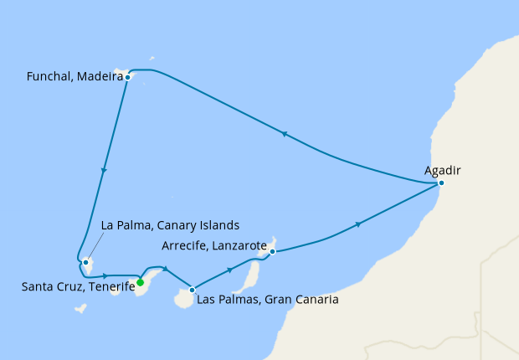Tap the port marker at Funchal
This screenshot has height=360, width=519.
pyautogui.click(x=127, y=77)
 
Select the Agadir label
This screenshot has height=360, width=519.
pyautogui.click(x=443, y=171)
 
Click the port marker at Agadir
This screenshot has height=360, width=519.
pyautogui.click(x=441, y=183)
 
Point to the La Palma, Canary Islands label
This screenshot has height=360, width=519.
pyautogui.click(x=170, y=225)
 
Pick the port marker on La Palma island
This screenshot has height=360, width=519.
pyautogui.click(x=85, y=262)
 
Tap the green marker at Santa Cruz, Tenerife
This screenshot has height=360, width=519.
pyautogui.click(x=141, y=282)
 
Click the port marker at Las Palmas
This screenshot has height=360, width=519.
pyautogui.click(x=193, y=290)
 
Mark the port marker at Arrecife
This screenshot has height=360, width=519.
pyautogui.click(x=272, y=249)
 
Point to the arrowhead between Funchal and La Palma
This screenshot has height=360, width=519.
pyautogui.click(x=104, y=171)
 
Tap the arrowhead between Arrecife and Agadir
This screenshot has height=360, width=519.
pyautogui.click(x=359, y=224)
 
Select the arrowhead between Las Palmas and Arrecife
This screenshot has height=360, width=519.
pyautogui.click(x=230, y=270)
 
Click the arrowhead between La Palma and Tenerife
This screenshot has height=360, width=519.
pyautogui.click(x=105, y=275)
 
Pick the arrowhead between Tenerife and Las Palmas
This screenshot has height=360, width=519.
pyautogui.click(x=166, y=268)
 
